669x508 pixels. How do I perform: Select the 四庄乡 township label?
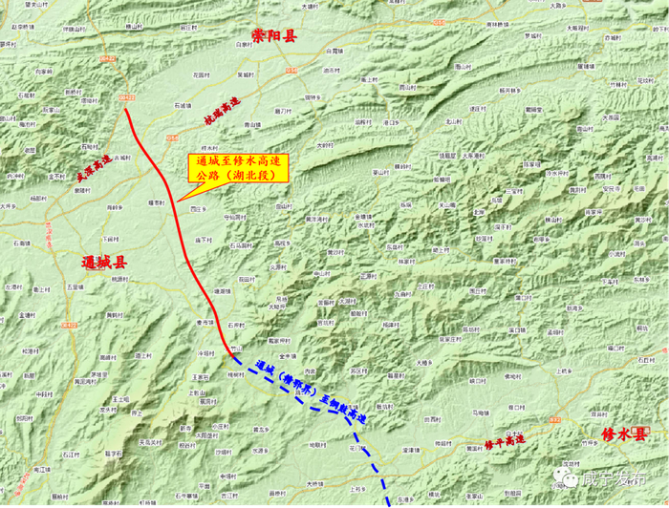[198, 207]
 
